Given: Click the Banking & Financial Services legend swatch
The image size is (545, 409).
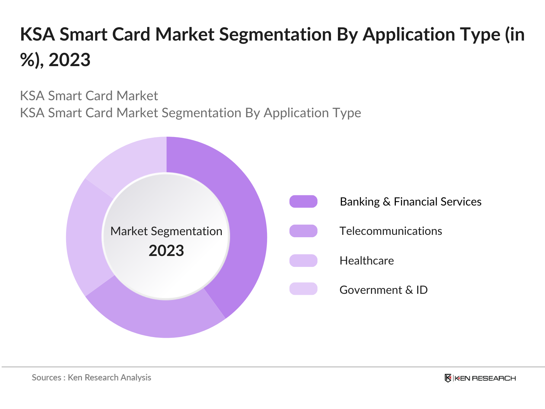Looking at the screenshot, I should pos(303,201).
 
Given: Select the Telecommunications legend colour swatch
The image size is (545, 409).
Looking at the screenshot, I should pos(303,231).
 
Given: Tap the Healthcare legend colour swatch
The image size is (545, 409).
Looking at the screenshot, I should pos(303,260).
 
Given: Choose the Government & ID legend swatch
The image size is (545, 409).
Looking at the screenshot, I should pos(303,289).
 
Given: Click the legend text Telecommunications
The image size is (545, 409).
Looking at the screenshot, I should pos(391,231).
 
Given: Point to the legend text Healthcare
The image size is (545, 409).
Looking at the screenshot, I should pos(367,261).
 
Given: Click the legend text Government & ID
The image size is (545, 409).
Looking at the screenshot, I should pos(384,290).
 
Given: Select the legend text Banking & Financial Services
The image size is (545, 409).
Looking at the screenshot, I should pos(410,202).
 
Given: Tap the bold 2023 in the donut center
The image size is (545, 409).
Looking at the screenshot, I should pos(166,251).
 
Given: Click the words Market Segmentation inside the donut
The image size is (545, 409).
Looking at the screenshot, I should pos(166,231).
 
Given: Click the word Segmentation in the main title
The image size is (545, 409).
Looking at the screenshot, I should pos(275,35).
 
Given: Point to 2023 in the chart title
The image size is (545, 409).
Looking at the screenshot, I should pos(69,60).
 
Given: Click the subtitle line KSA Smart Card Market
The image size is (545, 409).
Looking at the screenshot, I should pos(89,96).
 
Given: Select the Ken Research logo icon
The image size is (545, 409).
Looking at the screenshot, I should pos(448,378).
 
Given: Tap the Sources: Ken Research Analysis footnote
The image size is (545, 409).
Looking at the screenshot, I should pos(91,378).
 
